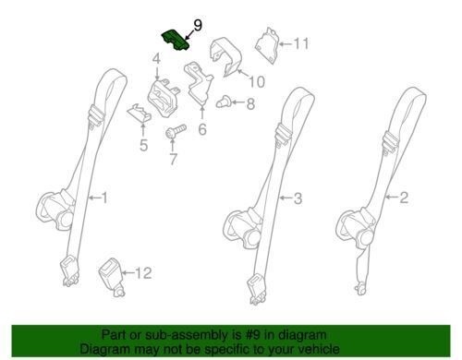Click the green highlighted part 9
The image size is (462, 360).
[175, 40]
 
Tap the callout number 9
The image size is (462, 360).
[198, 26]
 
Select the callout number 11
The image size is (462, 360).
[300, 43]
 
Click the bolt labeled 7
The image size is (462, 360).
[176, 131]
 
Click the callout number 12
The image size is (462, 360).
[143, 273]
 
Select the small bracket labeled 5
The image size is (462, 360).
[140, 113]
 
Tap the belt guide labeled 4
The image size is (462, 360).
[163, 99]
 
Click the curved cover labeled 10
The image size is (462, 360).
[226, 57]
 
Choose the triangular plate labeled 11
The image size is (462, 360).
[267, 46]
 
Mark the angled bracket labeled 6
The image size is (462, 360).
[199, 82]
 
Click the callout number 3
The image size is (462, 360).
[298, 198]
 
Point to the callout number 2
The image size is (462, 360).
[404, 198]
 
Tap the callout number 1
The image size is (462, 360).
[105, 198]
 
